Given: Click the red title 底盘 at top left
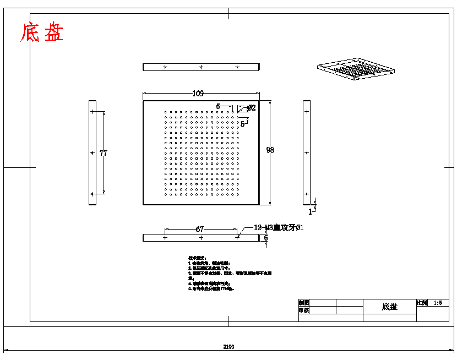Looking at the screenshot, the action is [42, 33].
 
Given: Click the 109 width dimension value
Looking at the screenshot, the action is [198, 93].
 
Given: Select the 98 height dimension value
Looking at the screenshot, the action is [270, 150].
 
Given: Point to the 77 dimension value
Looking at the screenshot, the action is [103, 153].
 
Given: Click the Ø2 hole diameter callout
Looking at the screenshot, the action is [251, 108].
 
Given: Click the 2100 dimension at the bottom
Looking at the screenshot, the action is [228, 347].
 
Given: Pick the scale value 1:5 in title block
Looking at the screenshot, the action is [438, 303].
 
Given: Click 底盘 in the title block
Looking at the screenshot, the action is [389, 307].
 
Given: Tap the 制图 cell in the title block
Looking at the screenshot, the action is [304, 303].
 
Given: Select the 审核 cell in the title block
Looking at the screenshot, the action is [304, 310].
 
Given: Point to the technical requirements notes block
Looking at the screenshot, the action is [228, 272].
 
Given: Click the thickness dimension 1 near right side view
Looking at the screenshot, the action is [310, 211].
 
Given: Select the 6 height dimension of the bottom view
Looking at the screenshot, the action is [266, 238].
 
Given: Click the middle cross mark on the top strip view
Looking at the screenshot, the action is [201, 67].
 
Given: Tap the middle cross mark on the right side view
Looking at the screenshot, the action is [307, 153].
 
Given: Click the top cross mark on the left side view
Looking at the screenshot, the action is [93, 112].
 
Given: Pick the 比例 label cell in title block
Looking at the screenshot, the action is [422, 303].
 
